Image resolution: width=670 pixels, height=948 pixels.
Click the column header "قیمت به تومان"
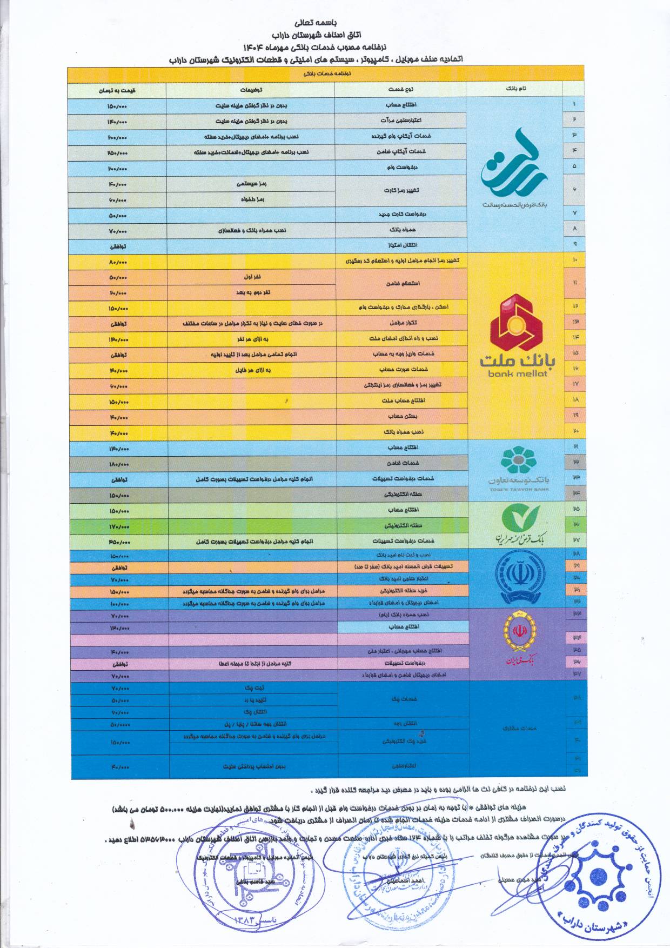click(117, 90)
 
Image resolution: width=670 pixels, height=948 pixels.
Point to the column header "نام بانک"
click(516, 89)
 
